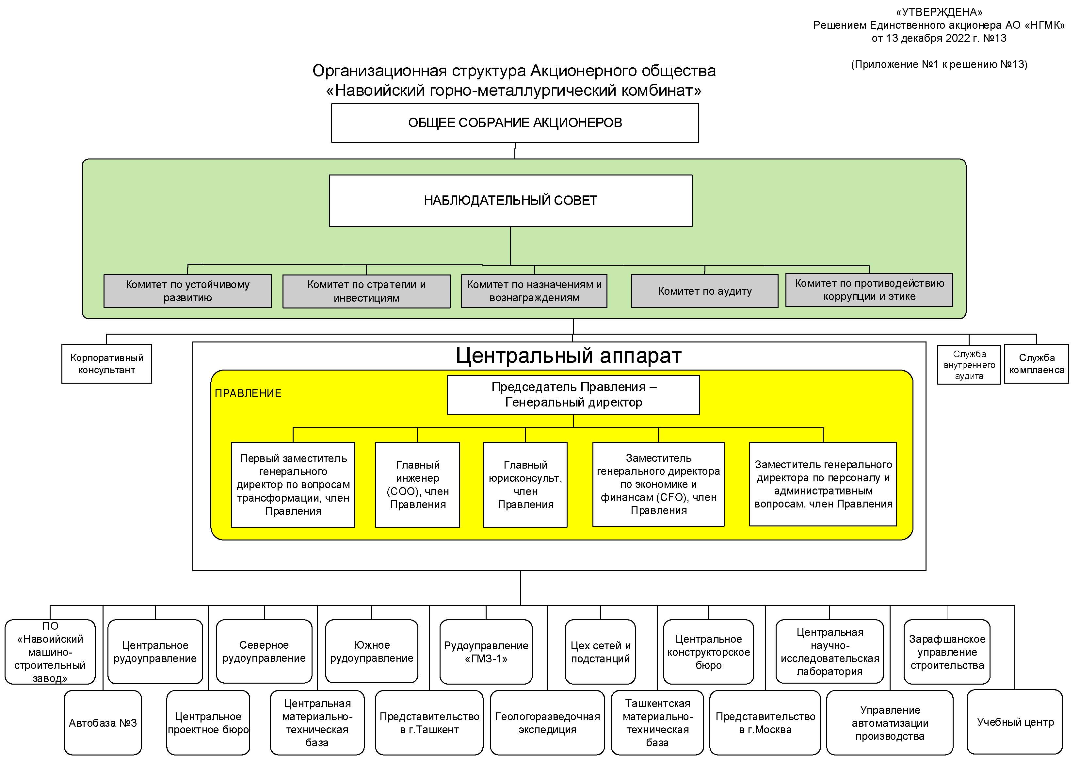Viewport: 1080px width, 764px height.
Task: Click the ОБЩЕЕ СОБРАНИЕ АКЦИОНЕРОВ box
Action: coord(515,123)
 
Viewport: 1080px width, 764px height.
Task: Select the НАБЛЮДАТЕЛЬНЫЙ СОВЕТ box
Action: coord(510,201)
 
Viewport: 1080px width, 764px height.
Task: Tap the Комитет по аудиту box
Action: coord(704,291)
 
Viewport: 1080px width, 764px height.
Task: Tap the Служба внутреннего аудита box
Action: coord(969,365)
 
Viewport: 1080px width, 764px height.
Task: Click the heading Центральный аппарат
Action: coord(568,356)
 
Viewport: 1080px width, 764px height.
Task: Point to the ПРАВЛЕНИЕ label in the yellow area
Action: coord(248,393)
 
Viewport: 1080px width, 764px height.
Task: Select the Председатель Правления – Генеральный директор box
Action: coord(573,394)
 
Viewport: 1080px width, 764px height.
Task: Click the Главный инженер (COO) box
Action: coord(417,484)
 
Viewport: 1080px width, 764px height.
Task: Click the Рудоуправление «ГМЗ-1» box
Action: coord(486,652)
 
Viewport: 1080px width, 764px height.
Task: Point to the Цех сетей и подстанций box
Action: coord(600,652)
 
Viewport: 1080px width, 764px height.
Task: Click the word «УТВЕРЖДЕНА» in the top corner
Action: coord(939,12)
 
